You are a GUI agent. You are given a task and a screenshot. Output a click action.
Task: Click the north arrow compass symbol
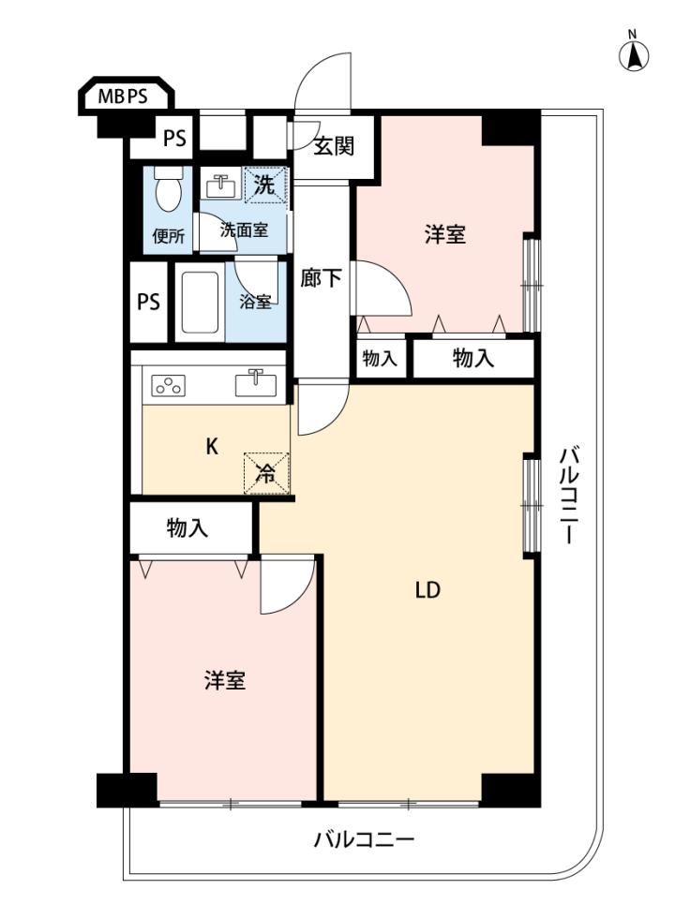pyautogui.click(x=634, y=56)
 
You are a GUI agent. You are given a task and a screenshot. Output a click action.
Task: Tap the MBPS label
pyautogui.click(x=123, y=96)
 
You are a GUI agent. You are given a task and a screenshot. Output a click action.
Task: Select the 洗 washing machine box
pyautogui.click(x=265, y=185)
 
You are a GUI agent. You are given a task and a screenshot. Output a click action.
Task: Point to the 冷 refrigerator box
pyautogui.click(x=266, y=473)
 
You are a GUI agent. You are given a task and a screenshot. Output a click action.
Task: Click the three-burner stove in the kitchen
pyautogui.click(x=169, y=385)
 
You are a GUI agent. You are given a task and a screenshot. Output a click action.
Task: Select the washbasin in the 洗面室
pyautogui.click(x=220, y=186)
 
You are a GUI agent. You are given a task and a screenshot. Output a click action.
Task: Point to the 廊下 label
pyautogui.click(x=321, y=278)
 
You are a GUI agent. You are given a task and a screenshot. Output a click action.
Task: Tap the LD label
pyautogui.click(x=427, y=590)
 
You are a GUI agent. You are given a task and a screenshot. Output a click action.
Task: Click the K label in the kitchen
pyautogui.click(x=212, y=447)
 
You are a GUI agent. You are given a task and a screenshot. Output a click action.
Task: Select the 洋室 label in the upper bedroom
pyautogui.click(x=445, y=235)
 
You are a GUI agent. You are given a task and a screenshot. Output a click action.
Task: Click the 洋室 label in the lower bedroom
pyautogui.click(x=225, y=681)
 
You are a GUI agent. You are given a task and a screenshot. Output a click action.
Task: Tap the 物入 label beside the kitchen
pyautogui.click(x=187, y=528)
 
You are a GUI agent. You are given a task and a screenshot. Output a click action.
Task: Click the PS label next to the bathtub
pyautogui.click(x=148, y=302)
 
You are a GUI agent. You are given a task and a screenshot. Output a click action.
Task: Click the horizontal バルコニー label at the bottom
pyautogui.click(x=364, y=839)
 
